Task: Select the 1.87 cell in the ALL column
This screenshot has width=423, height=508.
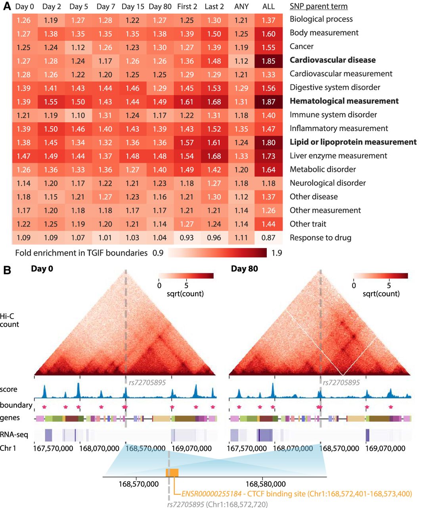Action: [x=268, y=102]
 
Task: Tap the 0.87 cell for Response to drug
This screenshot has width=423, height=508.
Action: [x=268, y=238]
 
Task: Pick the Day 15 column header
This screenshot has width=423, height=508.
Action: [x=133, y=7]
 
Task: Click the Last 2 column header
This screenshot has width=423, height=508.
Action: [x=214, y=7]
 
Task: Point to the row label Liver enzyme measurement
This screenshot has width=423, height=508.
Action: [x=338, y=156]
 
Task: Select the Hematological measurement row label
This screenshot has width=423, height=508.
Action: [x=344, y=101]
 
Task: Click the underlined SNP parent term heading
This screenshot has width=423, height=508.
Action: [x=318, y=7]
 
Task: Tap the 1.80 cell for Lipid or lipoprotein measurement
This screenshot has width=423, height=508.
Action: [x=268, y=142]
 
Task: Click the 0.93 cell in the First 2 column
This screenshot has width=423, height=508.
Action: [x=187, y=238]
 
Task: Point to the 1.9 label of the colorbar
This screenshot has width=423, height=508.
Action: [x=277, y=253]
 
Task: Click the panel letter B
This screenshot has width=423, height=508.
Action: [x=7, y=271]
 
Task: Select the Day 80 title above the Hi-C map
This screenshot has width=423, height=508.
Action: [x=244, y=269]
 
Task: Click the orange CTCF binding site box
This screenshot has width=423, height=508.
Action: [x=172, y=473]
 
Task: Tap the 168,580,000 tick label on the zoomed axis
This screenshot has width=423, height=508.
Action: [x=265, y=484]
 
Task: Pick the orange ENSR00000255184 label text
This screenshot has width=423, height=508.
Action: [x=211, y=494]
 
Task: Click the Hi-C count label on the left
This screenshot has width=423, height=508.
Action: [x=9, y=320]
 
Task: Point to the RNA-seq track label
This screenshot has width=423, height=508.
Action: [x=14, y=435]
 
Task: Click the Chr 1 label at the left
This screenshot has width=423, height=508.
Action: [x=8, y=448]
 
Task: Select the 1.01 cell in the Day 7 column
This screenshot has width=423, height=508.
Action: [x=105, y=238]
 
